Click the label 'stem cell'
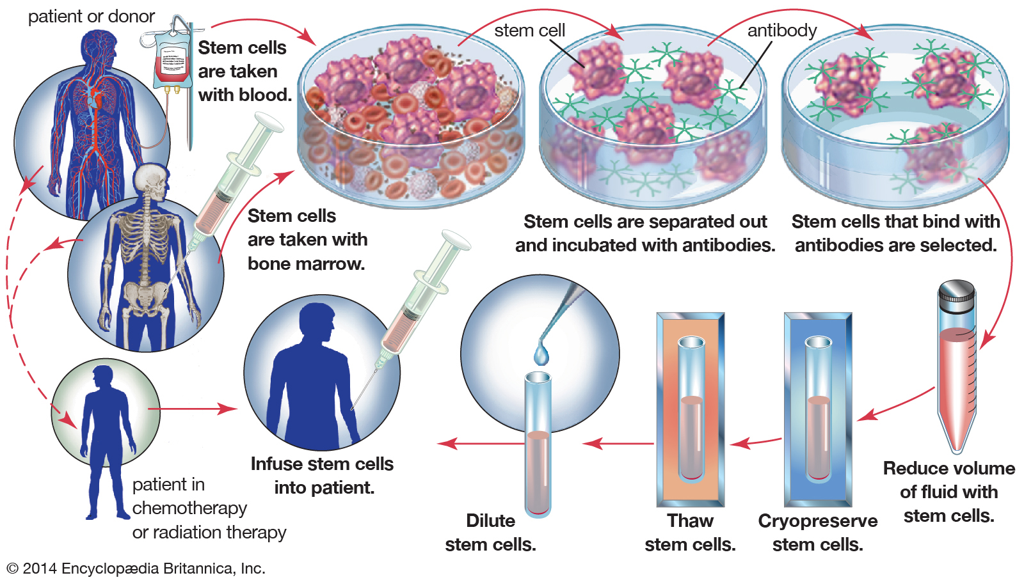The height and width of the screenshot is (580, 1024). click(x=529, y=30)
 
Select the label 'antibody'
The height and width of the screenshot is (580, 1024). click(x=781, y=30)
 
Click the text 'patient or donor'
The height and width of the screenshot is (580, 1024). click(x=91, y=17)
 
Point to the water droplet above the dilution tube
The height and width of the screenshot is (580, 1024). click(x=541, y=354)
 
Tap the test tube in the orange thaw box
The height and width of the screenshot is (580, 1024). click(x=691, y=409)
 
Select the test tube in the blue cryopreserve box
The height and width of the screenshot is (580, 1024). click(x=818, y=409)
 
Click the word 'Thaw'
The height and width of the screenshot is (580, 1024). click(x=690, y=521)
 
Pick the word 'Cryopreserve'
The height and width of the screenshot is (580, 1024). click(x=817, y=521)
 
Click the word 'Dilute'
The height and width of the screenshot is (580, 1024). click(x=490, y=521)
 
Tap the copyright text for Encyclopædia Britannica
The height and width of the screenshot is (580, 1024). click(x=136, y=568)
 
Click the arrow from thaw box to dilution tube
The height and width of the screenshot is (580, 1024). click(x=617, y=443)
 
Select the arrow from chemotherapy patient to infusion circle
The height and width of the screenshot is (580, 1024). click(x=192, y=409)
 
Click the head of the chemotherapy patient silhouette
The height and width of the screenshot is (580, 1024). click(x=102, y=376)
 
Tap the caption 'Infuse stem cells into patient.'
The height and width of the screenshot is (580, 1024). click(x=322, y=475)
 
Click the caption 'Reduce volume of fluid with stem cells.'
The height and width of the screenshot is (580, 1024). click(x=948, y=492)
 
